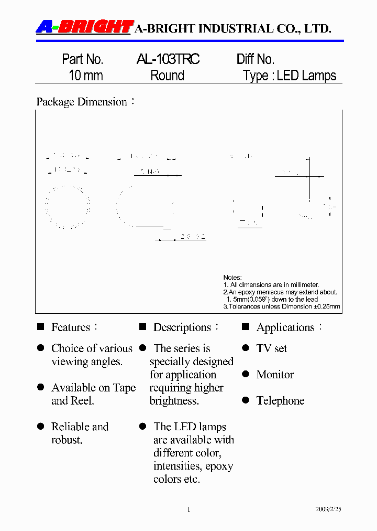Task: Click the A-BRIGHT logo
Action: [84, 27]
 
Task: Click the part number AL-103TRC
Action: [168, 59]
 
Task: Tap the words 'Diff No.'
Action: [256, 59]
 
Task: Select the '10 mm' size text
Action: [86, 76]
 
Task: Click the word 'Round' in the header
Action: [168, 76]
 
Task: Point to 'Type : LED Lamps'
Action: [290, 76]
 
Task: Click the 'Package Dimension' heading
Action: [82, 102]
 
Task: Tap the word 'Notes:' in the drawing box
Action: [232, 278]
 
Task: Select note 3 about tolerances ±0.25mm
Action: [282, 306]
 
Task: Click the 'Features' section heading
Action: [71, 327]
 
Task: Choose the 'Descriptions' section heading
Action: [182, 327]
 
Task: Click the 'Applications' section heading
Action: [285, 328]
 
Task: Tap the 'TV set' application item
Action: [272, 348]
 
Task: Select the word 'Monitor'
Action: [275, 375]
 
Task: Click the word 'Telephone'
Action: [280, 401]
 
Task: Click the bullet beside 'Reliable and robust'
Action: [40, 427]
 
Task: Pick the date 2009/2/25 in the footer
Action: [328, 509]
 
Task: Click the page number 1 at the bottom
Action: [188, 509]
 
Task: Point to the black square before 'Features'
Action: [40, 327]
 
